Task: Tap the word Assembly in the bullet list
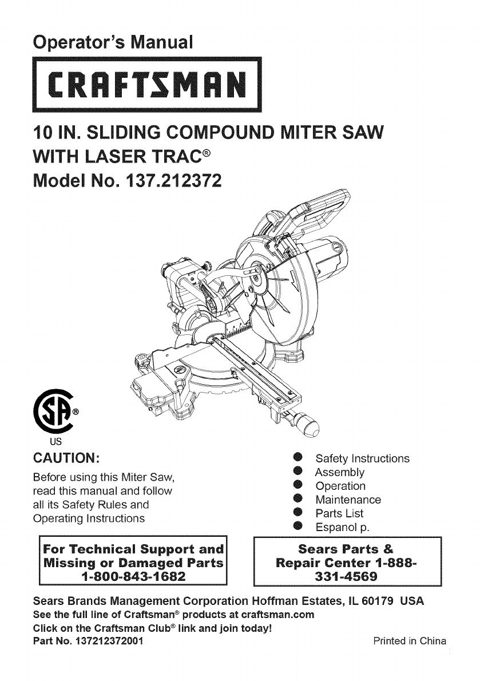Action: click(x=340, y=473)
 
